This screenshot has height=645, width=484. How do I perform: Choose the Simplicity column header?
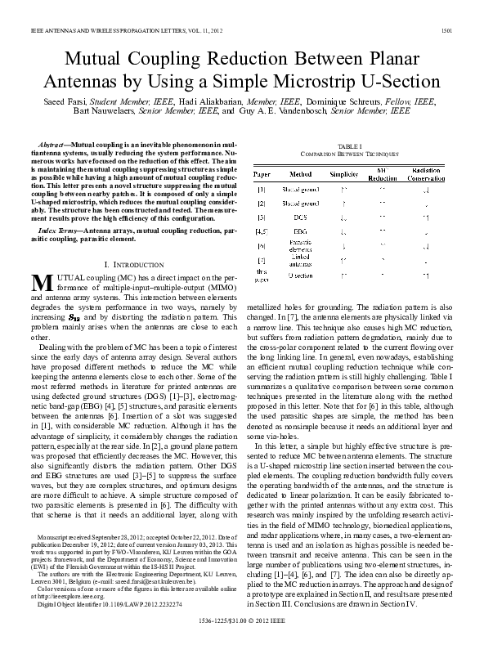[343, 174]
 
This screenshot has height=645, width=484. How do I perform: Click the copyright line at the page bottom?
[242, 622]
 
